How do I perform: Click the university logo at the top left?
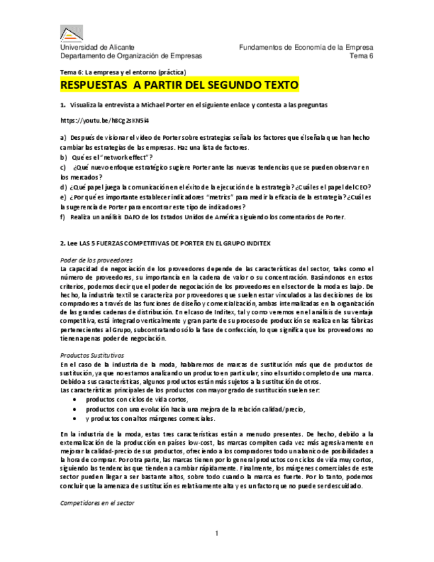tap(72, 33)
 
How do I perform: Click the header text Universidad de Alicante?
tap(97, 48)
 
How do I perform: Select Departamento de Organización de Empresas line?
tap(131, 56)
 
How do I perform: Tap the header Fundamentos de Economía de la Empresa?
tap(306, 48)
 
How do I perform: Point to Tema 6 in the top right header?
tap(362, 56)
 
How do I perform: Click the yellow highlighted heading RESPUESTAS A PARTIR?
tap(179, 86)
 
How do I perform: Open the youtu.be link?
tap(105, 121)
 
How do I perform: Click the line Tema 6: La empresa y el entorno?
tap(123, 72)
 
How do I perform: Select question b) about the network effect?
tap(106, 157)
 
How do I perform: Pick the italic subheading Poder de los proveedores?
tap(96, 260)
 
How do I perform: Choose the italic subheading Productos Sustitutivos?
tap(91, 355)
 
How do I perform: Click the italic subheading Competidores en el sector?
tap(97, 504)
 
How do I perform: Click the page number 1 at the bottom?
tap(217, 534)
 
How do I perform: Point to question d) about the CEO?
tap(215, 187)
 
